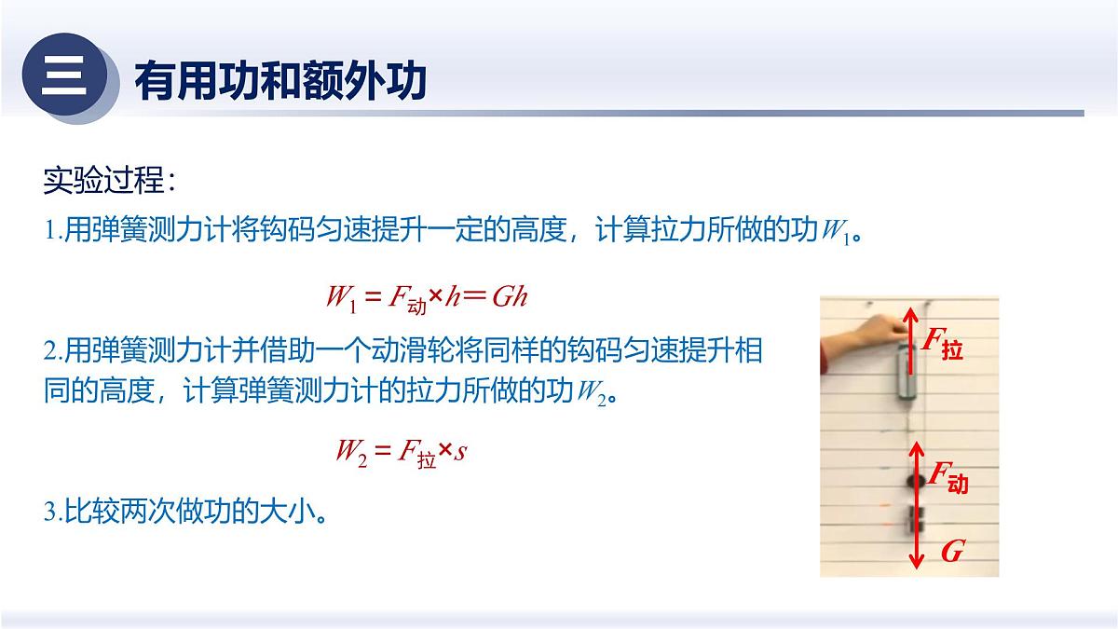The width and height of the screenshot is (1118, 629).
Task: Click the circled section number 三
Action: click(63, 75)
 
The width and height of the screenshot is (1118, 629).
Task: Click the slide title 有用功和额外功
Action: click(280, 81)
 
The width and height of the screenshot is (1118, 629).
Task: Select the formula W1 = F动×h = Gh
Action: click(427, 296)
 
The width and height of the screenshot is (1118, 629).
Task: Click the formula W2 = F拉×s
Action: click(401, 453)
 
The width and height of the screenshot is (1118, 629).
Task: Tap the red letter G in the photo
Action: click(951, 552)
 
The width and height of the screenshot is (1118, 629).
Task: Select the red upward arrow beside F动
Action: click(918, 475)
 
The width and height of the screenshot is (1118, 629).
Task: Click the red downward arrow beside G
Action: click(918, 550)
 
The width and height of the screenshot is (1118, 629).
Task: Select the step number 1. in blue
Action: click(53, 232)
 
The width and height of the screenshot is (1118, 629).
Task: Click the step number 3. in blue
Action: click(53, 513)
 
